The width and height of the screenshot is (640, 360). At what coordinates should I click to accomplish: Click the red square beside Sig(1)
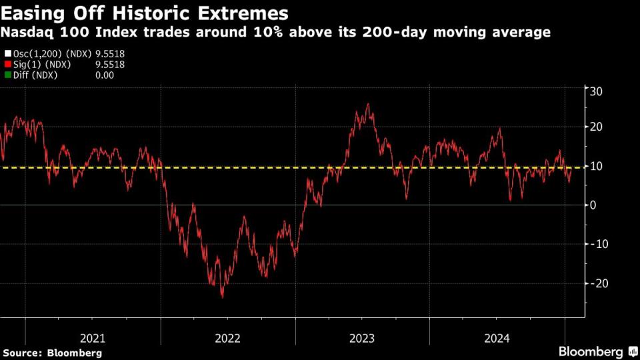[7, 65]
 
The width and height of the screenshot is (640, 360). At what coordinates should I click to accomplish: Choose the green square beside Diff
[7, 75]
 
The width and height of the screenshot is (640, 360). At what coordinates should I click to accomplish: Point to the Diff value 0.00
[105, 75]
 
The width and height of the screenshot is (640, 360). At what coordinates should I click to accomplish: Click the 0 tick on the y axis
[591, 205]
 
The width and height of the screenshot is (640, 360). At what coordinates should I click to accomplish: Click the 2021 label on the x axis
[93, 338]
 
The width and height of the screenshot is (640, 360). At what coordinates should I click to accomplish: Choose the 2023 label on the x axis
[362, 338]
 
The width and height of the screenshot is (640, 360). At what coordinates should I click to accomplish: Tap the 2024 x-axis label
[497, 338]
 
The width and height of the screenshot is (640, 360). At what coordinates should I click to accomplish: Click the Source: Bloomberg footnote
[52, 352]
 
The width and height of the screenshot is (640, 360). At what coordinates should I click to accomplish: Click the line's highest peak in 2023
[368, 105]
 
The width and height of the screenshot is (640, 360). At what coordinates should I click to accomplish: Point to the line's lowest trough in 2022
[222, 297]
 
